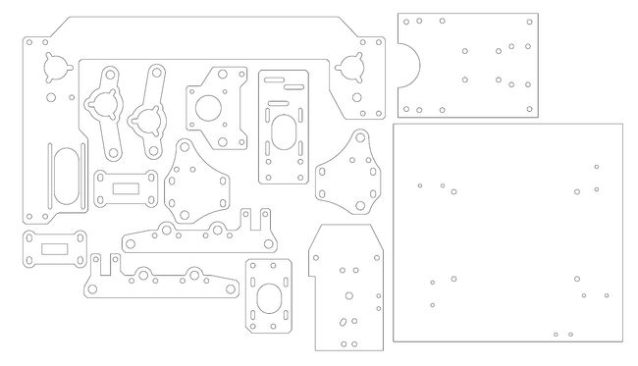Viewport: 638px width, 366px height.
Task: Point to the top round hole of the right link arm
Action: coord(155,73)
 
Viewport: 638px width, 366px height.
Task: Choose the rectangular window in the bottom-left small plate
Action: coord(55,249)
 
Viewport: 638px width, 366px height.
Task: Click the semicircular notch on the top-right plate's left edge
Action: coord(409,66)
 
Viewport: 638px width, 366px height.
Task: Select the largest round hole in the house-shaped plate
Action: coord(346,293)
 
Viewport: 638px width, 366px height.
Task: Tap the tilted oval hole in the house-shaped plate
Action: coord(341,321)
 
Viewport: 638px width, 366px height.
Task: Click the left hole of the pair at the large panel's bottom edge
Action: coord(556,334)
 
